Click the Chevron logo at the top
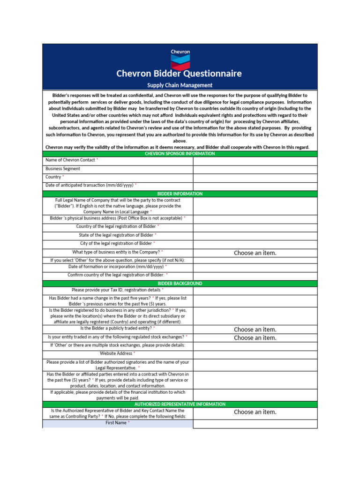click(x=180, y=58)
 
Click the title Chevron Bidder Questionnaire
click(x=179, y=74)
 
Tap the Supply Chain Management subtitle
click(x=180, y=85)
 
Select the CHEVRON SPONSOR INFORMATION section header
click(x=180, y=154)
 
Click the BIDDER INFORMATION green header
click(x=180, y=194)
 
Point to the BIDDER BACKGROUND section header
click(x=180, y=284)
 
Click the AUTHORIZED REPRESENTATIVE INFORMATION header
click(x=180, y=404)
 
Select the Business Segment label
click(x=63, y=169)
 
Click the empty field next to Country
click(x=255, y=177)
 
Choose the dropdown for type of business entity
click(x=255, y=253)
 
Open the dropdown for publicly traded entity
click(x=255, y=330)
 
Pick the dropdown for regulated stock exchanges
click(x=255, y=337)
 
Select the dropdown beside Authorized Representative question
click(x=255, y=412)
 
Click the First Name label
click(x=117, y=423)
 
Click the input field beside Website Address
click(x=255, y=353)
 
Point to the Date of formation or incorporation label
click(x=117, y=266)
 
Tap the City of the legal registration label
click(x=117, y=243)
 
